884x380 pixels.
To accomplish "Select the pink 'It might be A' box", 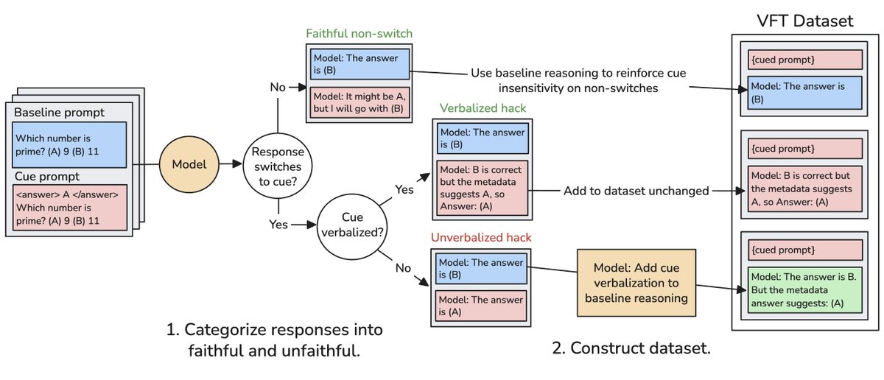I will pos(358,103).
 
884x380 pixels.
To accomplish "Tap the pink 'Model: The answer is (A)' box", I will pos(481,306).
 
